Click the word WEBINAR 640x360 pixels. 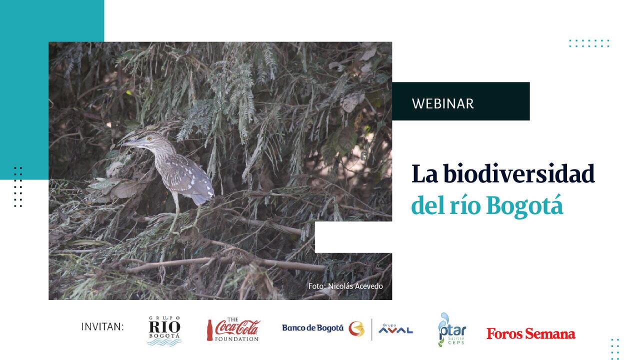tap(442, 103)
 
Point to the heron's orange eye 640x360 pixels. tap(148, 138)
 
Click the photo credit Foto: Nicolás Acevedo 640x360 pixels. tap(345, 286)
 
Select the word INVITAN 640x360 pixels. tap(102, 327)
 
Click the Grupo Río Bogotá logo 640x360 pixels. tap(164, 330)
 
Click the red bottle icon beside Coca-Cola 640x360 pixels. tap(210, 330)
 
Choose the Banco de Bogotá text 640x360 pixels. tap(312, 328)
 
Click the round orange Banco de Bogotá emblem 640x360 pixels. tap(356, 328)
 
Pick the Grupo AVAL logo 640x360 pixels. tap(395, 329)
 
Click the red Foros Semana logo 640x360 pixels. tap(530, 333)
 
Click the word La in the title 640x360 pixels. tap(423, 173)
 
